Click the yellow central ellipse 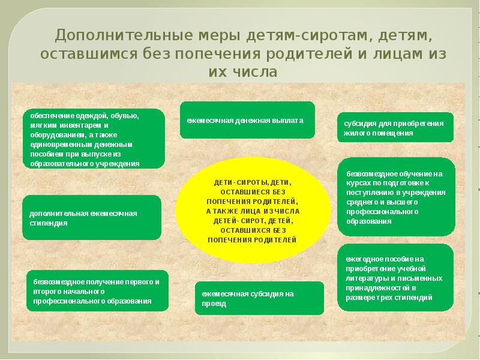pyautogui.click(x=253, y=206)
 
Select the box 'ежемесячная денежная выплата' pyautogui.click(x=247, y=120)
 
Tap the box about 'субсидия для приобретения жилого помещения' pyautogui.click(x=395, y=128)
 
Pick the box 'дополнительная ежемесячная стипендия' pyautogui.click(x=92, y=217)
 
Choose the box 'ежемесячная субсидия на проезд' pyautogui.click(x=259, y=298)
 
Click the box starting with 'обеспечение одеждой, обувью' pyautogui.click(x=94, y=139)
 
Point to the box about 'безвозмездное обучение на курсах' pyautogui.click(x=396, y=196)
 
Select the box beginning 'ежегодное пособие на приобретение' pyautogui.click(x=396, y=277)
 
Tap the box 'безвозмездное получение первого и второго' pyautogui.click(x=97, y=291)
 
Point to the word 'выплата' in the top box pyautogui.click(x=290, y=120)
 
